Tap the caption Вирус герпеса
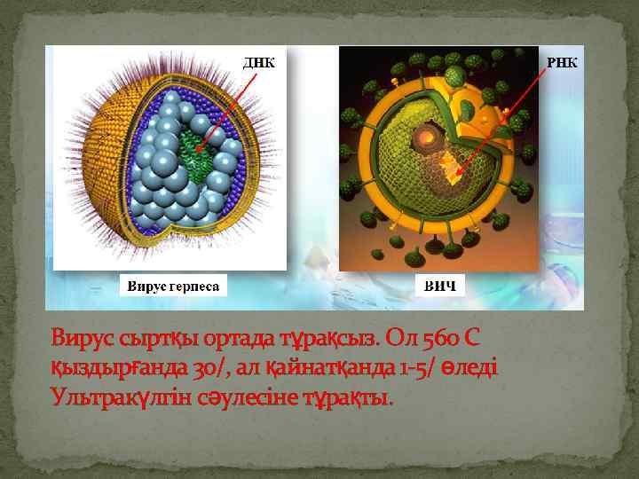(x=174, y=286)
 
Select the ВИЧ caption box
(x=440, y=286)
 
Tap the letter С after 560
(x=474, y=337)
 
